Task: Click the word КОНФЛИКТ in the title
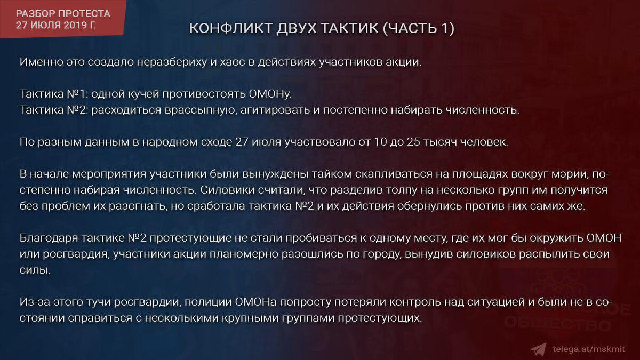pos(231,28)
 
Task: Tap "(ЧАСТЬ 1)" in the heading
pos(419,29)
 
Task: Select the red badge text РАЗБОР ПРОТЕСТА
pos(63,14)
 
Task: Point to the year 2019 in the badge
pos(75,25)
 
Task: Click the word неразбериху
pos(172,62)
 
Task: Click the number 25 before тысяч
pos(413,142)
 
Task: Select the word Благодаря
pos(49,238)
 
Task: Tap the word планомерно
pos(244,254)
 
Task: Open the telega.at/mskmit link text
pos(589,349)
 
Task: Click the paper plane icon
pos(539,349)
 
